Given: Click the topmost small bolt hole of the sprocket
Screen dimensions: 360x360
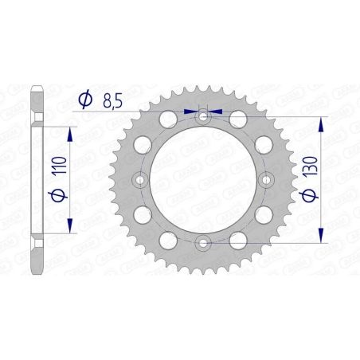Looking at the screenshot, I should pos(204,117).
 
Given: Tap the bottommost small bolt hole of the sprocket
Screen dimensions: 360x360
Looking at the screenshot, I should pos(204,242).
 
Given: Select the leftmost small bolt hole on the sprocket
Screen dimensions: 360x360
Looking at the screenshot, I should pos(142,180).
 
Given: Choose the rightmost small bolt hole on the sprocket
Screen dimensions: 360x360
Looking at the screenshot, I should pos(266,180).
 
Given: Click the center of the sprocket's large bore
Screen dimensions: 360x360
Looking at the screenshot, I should pos(204,180).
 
